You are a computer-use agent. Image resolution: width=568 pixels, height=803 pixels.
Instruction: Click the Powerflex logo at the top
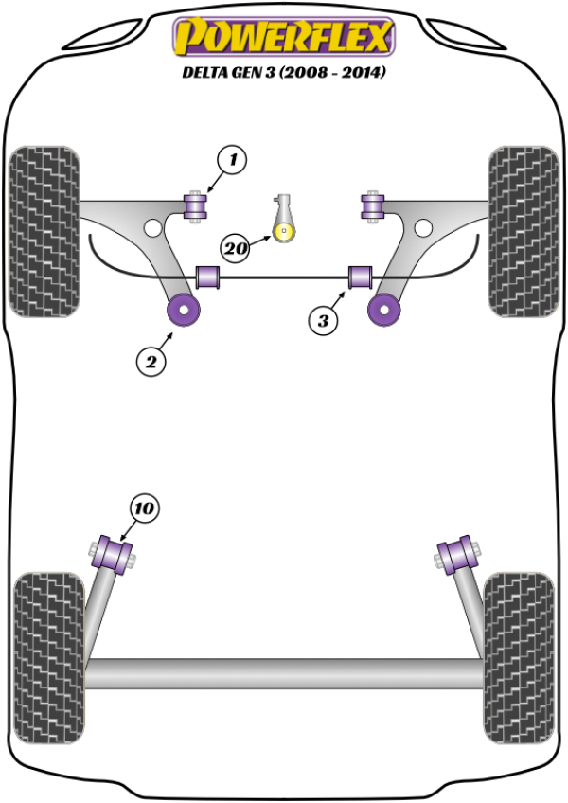click(x=282, y=37)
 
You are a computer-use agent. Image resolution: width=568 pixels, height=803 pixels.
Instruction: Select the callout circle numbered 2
click(x=151, y=361)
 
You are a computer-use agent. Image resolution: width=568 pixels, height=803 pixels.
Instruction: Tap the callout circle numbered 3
click(x=323, y=321)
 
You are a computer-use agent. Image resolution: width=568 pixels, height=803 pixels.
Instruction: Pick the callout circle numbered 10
click(x=143, y=509)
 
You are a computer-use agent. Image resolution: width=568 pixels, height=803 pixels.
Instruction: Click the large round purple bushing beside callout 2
click(x=183, y=309)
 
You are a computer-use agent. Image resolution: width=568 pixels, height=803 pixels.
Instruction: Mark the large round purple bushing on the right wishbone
click(x=383, y=309)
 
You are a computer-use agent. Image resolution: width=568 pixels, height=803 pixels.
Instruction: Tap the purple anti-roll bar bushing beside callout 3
click(x=360, y=277)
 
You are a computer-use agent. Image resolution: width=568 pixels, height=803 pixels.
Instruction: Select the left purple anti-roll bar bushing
click(x=207, y=277)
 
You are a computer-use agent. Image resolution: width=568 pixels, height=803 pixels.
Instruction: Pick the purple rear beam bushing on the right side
click(x=458, y=553)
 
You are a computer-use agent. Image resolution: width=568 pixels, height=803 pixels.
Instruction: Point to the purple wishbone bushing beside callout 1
click(x=197, y=205)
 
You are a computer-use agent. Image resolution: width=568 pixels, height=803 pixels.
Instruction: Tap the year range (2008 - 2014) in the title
click(x=336, y=72)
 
